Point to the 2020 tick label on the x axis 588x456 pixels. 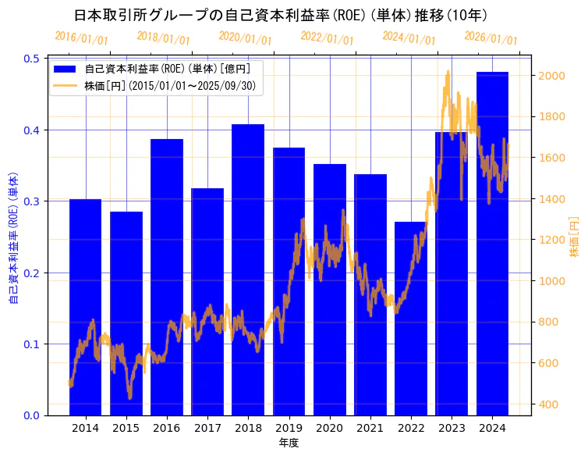click(329, 428)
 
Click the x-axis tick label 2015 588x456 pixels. click(126, 428)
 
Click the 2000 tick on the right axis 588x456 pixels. click(552, 76)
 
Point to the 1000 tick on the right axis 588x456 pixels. click(552, 281)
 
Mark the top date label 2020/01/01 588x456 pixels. click(245, 37)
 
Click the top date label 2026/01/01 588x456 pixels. click(491, 37)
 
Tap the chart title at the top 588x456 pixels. click(281, 15)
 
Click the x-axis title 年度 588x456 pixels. click(289, 443)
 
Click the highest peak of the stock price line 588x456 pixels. click(448, 71)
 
